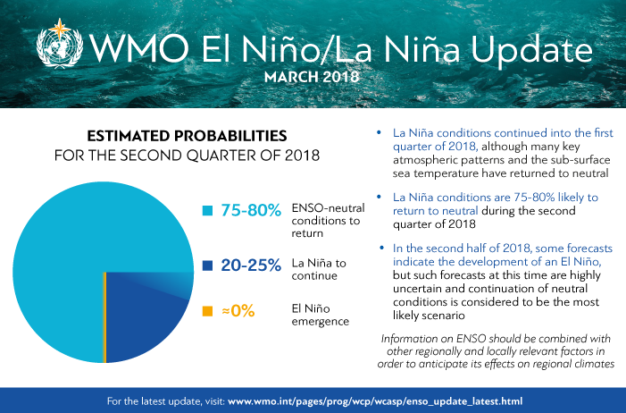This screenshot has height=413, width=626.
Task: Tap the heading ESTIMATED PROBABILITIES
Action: [186, 136]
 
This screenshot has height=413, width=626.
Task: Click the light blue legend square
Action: [207, 211]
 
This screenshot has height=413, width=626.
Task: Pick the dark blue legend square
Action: [207, 265]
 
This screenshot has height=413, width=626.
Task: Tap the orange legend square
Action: [207, 311]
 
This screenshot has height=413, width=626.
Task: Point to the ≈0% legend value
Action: [237, 311]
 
